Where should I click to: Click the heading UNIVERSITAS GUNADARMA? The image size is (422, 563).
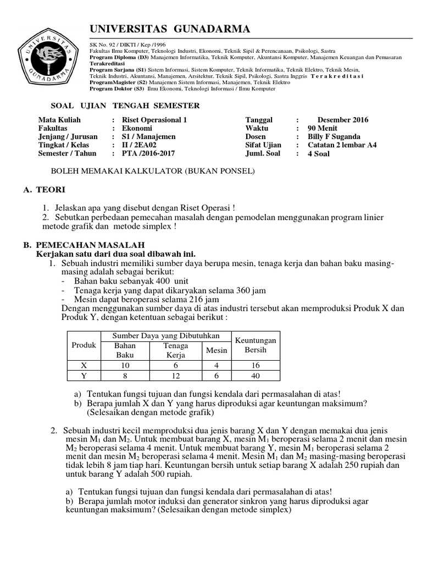(169, 29)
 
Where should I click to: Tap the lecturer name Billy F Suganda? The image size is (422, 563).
(334, 137)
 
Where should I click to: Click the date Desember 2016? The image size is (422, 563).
(342, 120)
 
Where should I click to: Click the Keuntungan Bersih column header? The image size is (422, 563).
(256, 345)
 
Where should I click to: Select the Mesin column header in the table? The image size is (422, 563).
(216, 350)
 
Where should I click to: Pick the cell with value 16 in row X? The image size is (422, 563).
(256, 365)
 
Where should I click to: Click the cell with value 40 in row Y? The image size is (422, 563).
(256, 376)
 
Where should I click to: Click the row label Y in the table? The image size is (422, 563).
(84, 376)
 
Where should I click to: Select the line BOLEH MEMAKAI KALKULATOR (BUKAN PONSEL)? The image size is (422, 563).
(153, 172)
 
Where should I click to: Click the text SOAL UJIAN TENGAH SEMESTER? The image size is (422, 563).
(118, 106)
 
